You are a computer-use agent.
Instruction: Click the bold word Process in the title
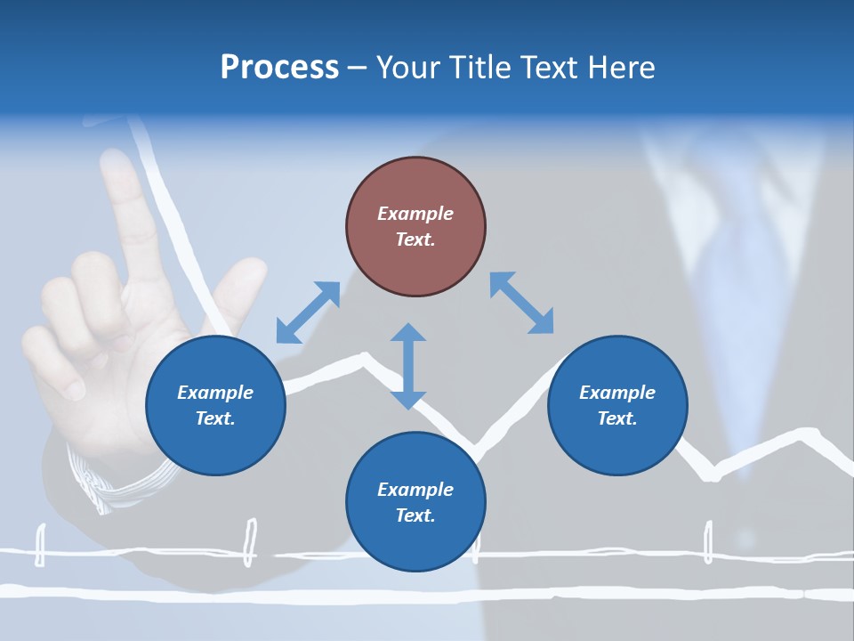click(x=279, y=68)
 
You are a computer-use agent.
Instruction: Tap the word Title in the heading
click(x=475, y=68)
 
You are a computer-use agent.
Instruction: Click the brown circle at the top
click(x=415, y=227)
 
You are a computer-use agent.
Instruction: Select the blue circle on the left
click(x=215, y=405)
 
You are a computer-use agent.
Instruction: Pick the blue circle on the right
click(x=617, y=405)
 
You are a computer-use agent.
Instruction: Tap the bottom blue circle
click(x=415, y=502)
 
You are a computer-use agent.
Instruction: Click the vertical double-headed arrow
click(x=408, y=366)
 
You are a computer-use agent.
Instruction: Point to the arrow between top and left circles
click(x=308, y=312)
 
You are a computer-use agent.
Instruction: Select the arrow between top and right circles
click(x=521, y=303)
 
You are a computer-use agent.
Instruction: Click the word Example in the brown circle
click(x=415, y=214)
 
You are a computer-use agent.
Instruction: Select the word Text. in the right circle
click(x=617, y=418)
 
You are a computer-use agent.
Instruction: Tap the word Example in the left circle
click(x=215, y=393)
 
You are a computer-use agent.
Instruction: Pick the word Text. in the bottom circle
click(x=415, y=515)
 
